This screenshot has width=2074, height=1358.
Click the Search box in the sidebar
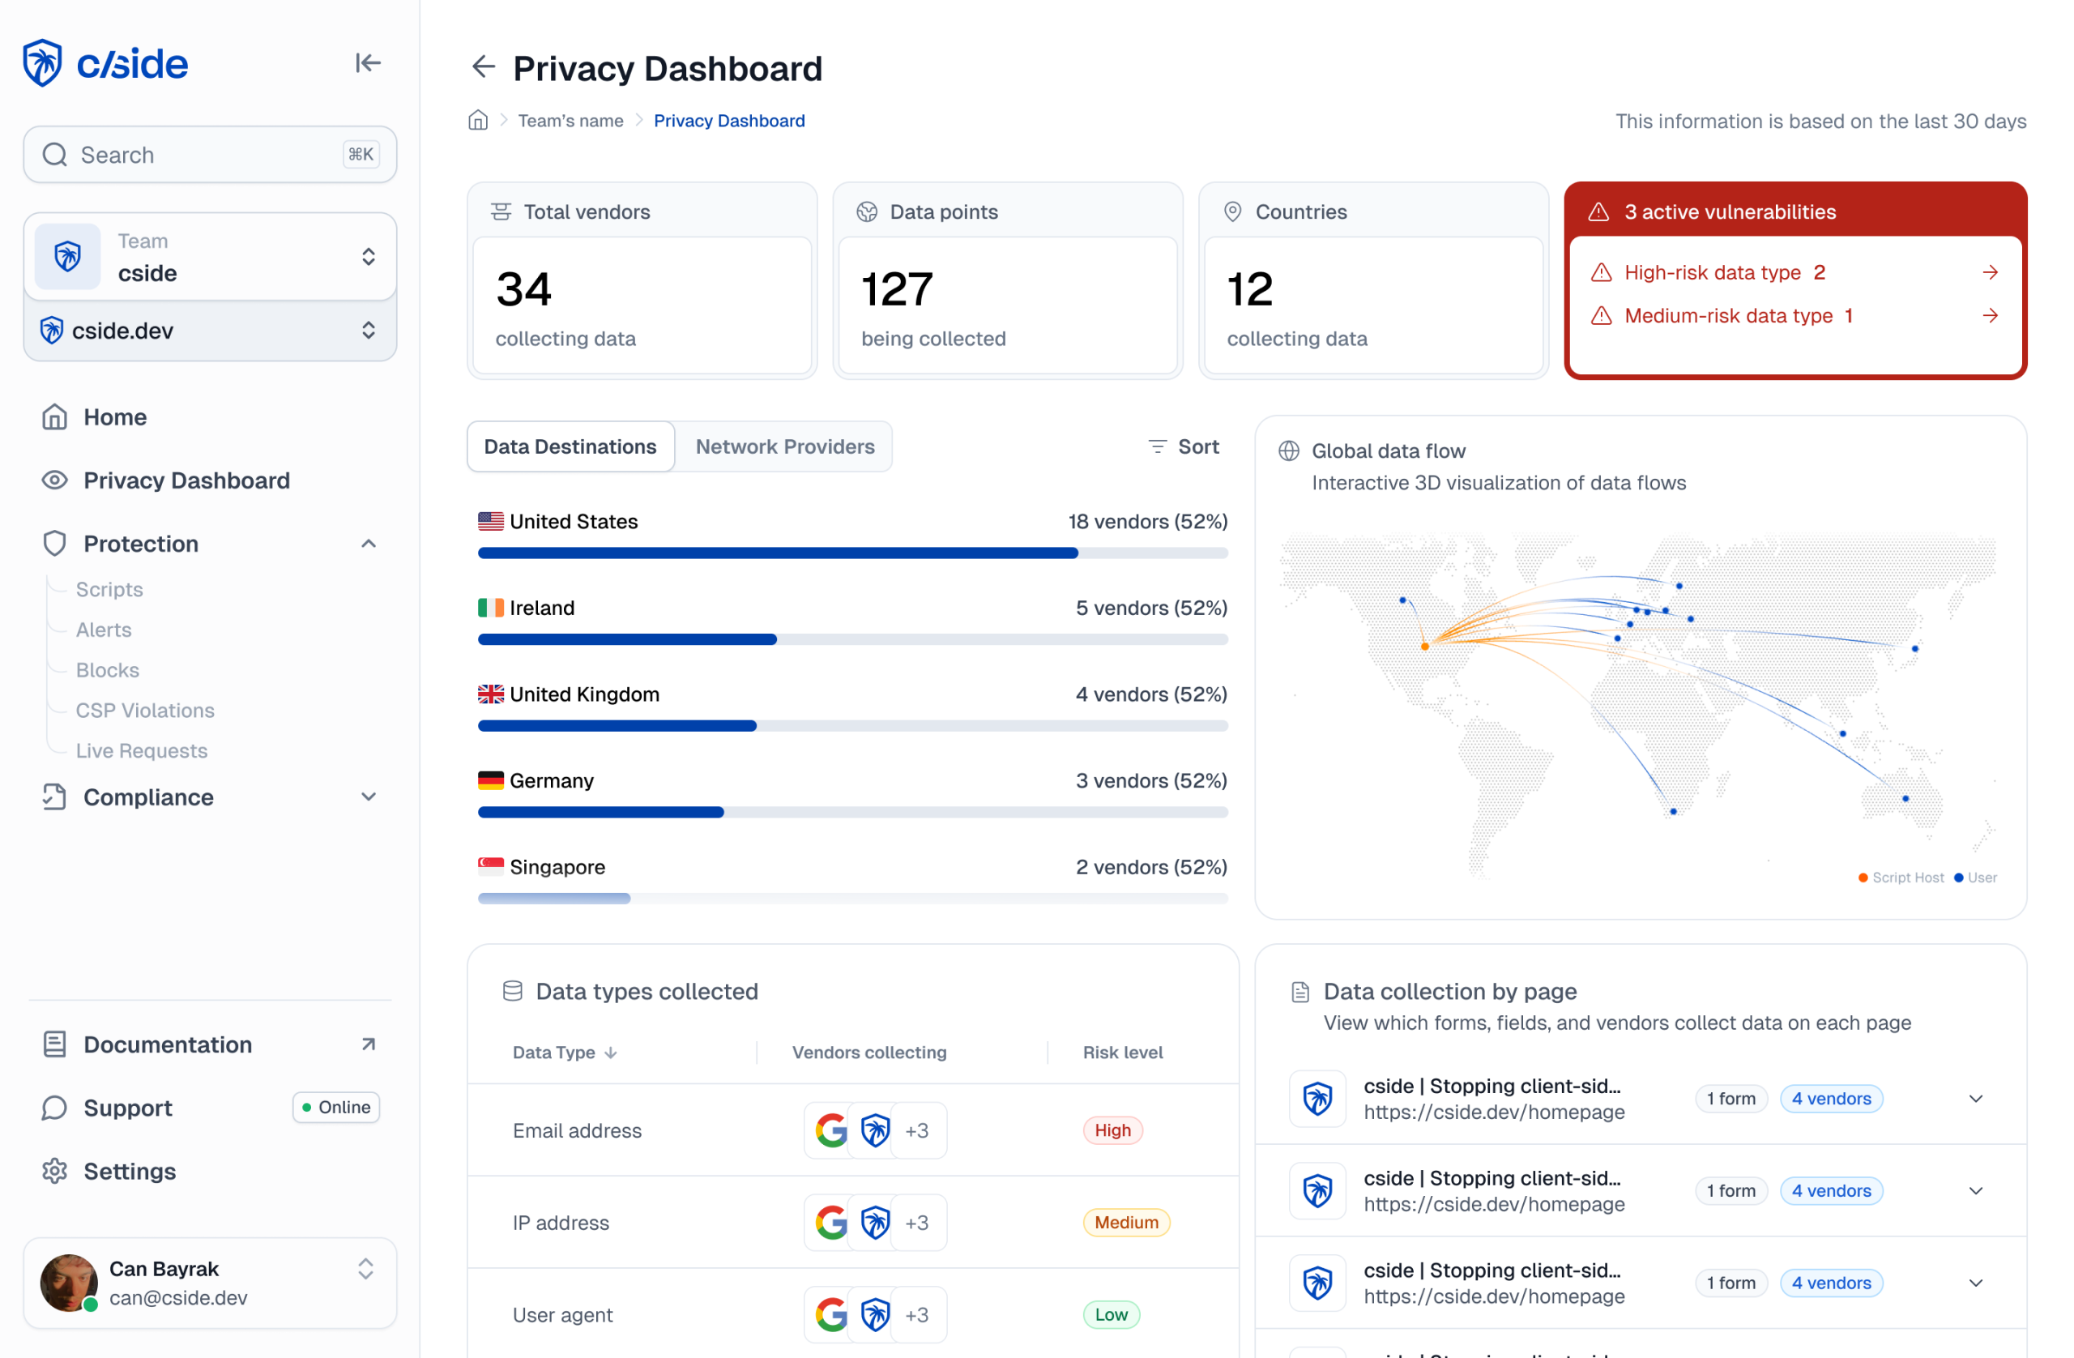click(209, 154)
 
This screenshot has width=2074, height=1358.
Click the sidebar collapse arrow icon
click(368, 62)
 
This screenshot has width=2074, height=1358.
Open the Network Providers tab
click(784, 446)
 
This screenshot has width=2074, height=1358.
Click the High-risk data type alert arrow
click(1990, 273)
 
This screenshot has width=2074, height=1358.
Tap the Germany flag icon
click(491, 780)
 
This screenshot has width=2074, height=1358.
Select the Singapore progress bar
click(852, 898)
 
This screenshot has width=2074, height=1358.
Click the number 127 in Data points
click(897, 289)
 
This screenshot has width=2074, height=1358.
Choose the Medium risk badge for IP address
click(1126, 1222)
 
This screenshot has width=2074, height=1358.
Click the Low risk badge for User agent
click(1111, 1314)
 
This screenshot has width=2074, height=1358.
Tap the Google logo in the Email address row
click(831, 1130)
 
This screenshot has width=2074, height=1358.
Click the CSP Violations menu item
click(145, 711)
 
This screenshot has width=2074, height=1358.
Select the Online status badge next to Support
click(336, 1107)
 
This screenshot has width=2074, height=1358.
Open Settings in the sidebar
click(129, 1171)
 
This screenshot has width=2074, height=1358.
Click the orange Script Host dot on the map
click(1425, 647)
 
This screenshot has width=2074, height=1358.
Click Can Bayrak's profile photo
click(69, 1283)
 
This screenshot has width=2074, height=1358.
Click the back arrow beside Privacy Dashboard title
click(483, 67)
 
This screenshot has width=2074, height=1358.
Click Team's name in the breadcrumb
click(571, 122)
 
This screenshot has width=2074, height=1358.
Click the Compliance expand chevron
click(369, 796)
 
